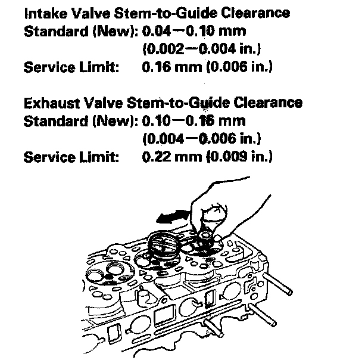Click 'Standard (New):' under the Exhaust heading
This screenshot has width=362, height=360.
[80, 122]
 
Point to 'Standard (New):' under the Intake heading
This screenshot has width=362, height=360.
[80, 30]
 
